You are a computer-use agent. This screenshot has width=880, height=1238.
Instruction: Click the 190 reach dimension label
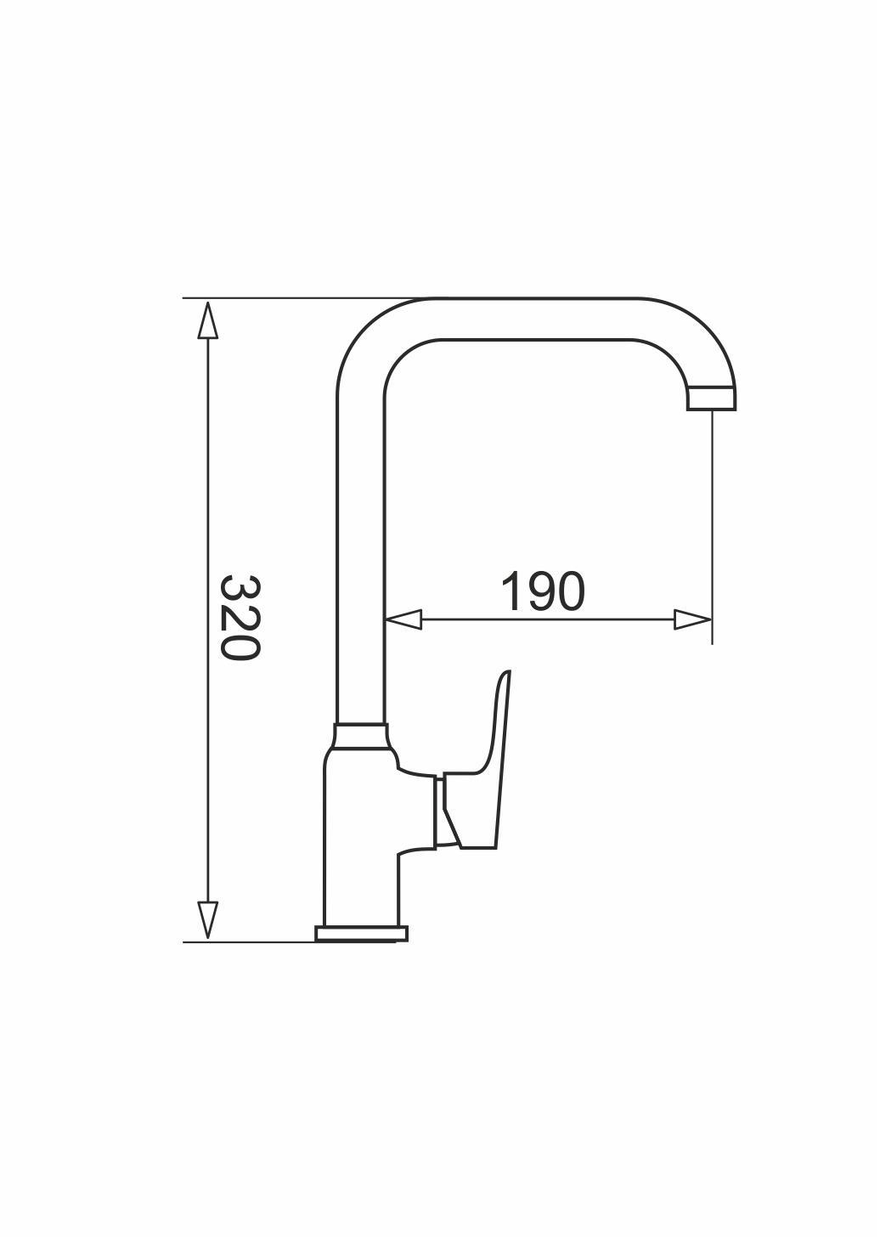pos(542,591)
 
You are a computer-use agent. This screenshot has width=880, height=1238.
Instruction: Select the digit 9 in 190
pos(542,591)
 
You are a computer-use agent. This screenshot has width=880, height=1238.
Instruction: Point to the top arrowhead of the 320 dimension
pos(208,319)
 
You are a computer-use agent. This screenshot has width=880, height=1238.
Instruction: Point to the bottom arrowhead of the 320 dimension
pos(208,919)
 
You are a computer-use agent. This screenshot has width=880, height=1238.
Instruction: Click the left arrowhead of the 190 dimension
pos(403,619)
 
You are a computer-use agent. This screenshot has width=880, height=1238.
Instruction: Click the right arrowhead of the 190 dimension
pos(693,619)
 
